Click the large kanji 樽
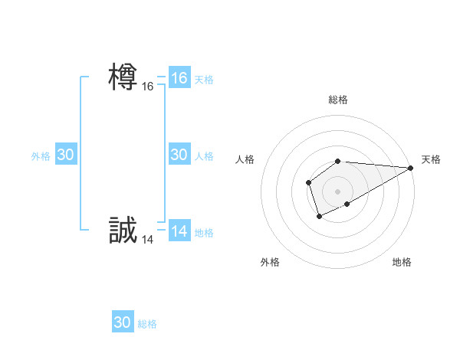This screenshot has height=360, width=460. coord(123,77)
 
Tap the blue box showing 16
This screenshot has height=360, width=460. coord(179,78)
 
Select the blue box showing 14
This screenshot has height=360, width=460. coord(179,232)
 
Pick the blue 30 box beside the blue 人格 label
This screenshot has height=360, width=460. coord(179,155)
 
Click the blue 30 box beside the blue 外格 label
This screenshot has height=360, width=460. coord(66,155)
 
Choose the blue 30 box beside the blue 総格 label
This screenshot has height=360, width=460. coord(123,322)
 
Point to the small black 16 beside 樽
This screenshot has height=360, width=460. coord(147,87)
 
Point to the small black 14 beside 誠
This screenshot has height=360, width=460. coord(147,240)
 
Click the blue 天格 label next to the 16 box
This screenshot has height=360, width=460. coord(204,79)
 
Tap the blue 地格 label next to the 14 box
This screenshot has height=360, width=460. coord(204,233)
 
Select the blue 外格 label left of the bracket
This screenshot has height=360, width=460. coord(41,155)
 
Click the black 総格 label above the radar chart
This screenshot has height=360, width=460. coord(338,100)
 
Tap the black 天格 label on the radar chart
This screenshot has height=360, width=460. coord(431,159)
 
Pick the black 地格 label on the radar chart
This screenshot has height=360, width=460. coord(402,262)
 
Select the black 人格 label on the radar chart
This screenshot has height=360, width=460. coord(245,159)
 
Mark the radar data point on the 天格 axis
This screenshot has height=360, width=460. coord(411,168)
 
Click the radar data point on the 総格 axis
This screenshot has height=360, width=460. coord(338,161)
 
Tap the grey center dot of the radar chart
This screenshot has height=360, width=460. coord(338,191)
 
